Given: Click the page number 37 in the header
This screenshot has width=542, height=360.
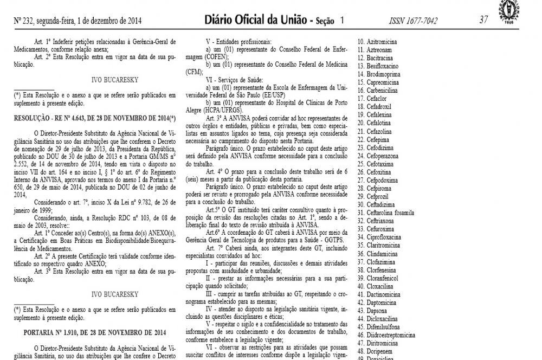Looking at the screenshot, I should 484,20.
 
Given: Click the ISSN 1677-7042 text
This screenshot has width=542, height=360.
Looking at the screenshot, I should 413,21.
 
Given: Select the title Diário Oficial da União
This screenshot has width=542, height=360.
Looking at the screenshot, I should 254,20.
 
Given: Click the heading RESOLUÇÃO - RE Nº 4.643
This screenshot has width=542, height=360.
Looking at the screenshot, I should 95,118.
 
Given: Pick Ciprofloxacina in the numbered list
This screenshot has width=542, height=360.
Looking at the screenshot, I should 384,237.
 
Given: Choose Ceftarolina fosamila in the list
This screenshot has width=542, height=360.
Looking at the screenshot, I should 390,213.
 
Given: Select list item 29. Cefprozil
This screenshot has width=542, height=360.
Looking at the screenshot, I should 378,196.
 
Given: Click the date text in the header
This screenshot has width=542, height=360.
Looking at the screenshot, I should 78,21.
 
